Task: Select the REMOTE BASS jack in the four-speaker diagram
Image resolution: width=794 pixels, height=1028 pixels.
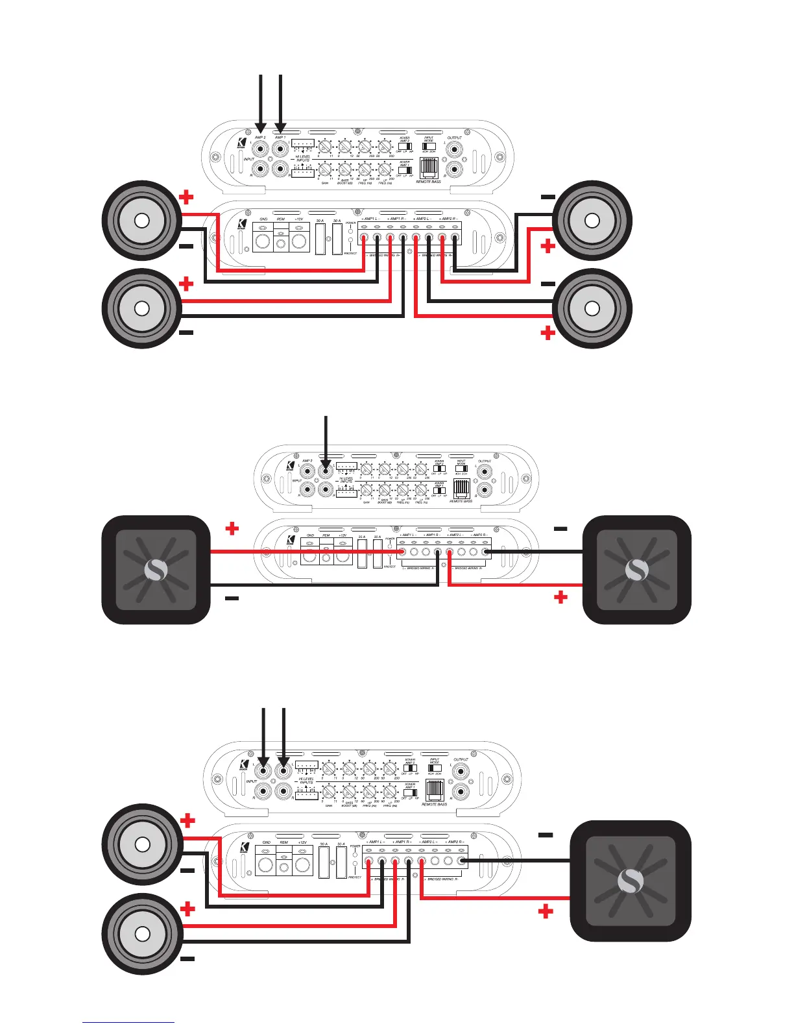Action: (429, 168)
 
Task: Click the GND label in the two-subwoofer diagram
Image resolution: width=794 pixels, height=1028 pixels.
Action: (311, 535)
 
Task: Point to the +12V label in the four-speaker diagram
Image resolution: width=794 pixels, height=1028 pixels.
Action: (299, 219)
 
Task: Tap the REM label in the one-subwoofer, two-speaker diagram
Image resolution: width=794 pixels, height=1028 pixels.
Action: (283, 842)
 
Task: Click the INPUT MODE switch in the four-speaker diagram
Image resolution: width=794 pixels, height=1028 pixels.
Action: (429, 147)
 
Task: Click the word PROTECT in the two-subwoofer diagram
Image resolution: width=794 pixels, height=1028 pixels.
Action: (389, 567)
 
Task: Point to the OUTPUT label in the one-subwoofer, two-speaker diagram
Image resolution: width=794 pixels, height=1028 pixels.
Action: (461, 759)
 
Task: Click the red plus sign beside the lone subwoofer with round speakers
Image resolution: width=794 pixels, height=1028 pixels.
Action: (546, 912)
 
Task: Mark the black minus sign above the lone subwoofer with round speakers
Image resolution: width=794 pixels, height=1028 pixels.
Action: (546, 835)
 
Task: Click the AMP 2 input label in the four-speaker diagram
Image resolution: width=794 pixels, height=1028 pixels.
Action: (260, 138)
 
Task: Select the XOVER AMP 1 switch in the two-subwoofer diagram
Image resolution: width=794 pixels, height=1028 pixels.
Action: (439, 490)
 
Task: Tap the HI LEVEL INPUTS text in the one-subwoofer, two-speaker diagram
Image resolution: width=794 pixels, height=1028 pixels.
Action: (306, 781)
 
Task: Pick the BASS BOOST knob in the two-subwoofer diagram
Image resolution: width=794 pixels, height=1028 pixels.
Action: (384, 488)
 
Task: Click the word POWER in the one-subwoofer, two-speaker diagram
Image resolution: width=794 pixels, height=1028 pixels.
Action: (355, 846)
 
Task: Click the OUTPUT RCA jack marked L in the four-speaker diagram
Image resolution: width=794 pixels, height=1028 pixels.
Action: (455, 149)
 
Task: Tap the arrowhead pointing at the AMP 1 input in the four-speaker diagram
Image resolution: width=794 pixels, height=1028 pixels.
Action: (280, 130)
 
